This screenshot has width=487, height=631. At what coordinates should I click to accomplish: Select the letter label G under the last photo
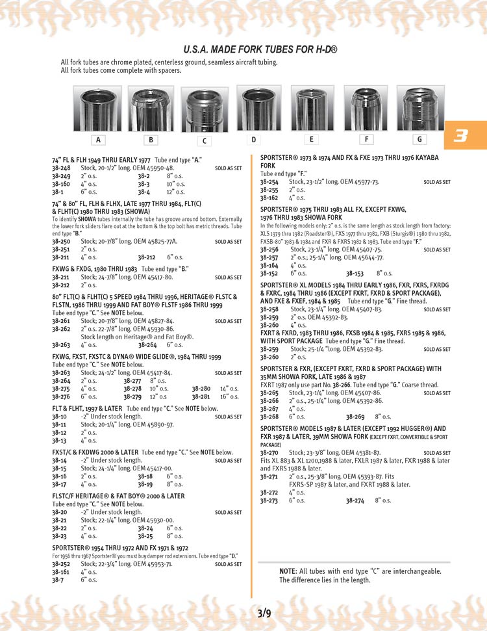click(x=419, y=139)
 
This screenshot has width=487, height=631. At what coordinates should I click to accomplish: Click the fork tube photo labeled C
click(x=205, y=111)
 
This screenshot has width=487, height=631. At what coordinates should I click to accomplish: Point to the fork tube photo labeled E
click(x=312, y=108)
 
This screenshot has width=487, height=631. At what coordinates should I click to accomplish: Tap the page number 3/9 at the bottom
click(x=264, y=613)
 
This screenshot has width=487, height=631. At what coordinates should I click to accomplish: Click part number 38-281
click(x=201, y=396)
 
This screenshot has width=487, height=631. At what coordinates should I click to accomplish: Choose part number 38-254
click(x=269, y=183)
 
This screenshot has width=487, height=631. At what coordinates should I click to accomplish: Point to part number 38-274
click(x=355, y=500)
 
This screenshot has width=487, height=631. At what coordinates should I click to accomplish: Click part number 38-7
click(x=58, y=580)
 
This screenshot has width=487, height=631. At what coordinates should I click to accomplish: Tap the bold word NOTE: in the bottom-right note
click(x=288, y=571)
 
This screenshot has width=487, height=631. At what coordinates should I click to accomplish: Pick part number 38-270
click(x=269, y=453)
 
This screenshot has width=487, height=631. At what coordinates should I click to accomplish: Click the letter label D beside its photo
click(x=254, y=139)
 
